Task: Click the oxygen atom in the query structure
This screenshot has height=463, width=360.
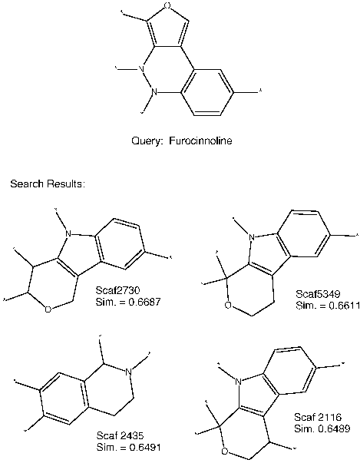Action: [167, 5]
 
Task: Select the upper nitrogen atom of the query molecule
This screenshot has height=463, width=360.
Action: [142, 70]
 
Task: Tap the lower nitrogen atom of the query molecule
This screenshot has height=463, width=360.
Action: [154, 92]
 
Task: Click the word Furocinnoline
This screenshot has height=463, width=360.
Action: [200, 141]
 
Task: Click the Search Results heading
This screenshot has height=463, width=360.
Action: [48, 184]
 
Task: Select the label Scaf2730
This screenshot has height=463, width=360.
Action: [117, 290]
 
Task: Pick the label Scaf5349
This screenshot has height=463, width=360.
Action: [318, 294]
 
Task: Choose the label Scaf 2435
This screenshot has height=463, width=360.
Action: [120, 435]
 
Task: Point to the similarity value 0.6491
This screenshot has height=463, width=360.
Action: [145, 447]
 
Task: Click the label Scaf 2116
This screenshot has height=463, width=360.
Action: [318, 417]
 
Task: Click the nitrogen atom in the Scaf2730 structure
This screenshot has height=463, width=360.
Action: [68, 234]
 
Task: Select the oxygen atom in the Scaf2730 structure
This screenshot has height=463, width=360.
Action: [48, 309]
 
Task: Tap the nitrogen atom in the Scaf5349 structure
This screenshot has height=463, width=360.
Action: [252, 236]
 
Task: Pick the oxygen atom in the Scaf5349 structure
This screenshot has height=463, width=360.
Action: [228, 305]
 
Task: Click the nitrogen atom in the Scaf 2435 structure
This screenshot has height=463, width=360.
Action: [129, 372]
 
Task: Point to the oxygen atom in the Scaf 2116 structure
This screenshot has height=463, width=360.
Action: [225, 451]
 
